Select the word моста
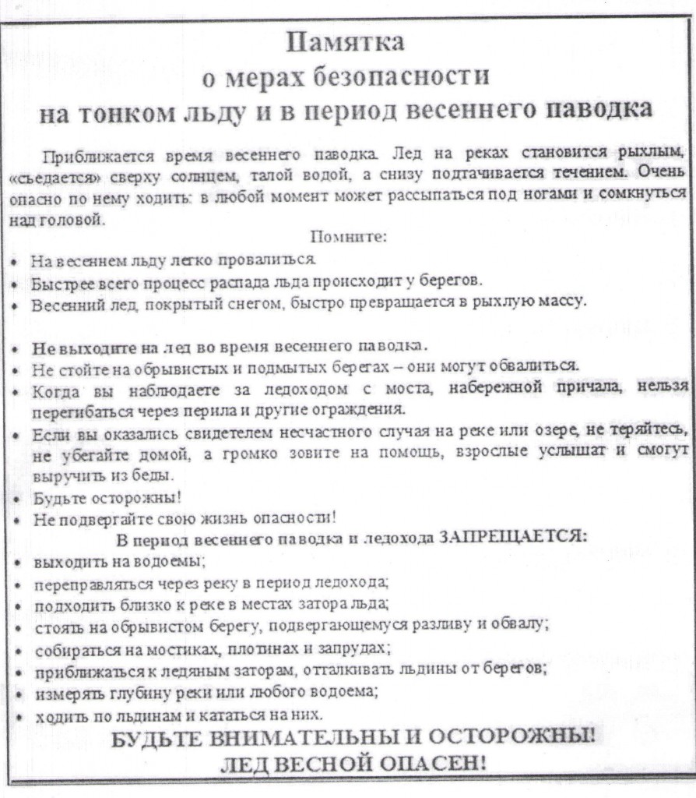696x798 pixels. pyautogui.click(x=378, y=387)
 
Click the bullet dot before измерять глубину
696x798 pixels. pyautogui.click(x=18, y=692)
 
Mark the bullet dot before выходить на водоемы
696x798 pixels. pyautogui.click(x=18, y=561)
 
